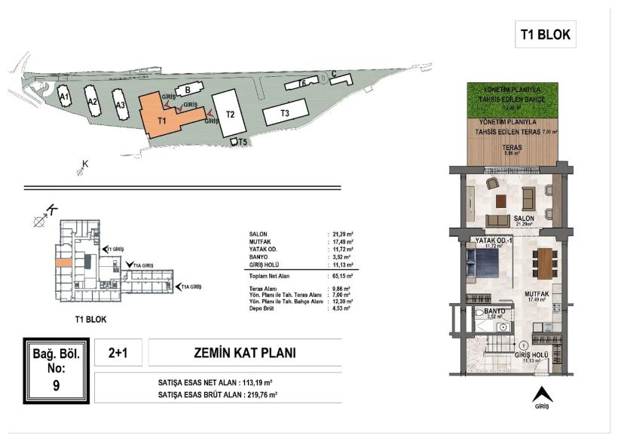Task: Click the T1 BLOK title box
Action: (x=545, y=34)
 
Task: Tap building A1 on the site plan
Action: (x=66, y=97)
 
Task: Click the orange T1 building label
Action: (x=161, y=120)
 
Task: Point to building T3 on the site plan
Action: (x=285, y=113)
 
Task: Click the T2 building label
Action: (x=231, y=115)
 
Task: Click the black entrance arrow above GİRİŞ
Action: (x=540, y=394)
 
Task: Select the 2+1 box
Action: (x=117, y=352)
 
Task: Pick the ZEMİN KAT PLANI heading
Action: (x=246, y=352)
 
